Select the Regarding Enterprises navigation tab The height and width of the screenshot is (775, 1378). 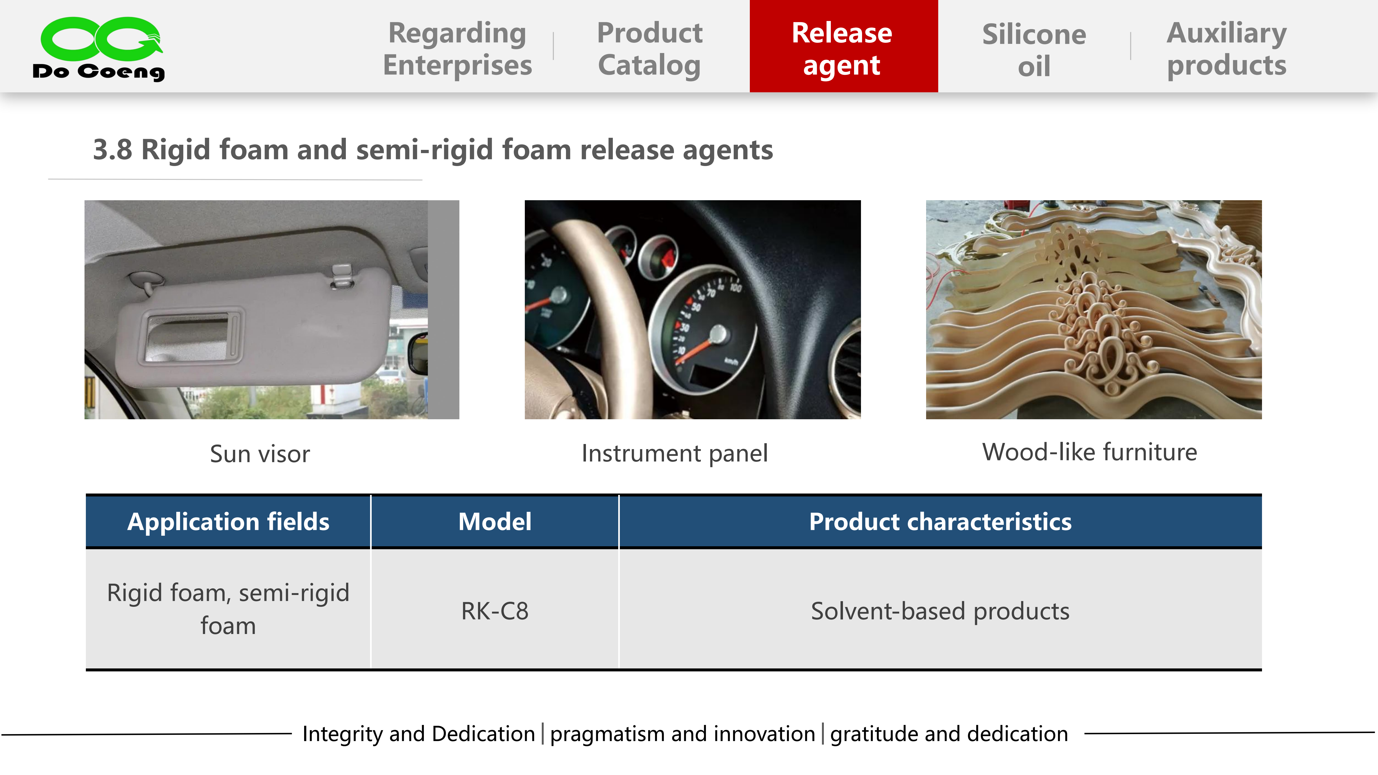tap(457, 49)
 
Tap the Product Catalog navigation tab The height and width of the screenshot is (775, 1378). tap(649, 49)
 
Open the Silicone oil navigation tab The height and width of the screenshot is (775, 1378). tap(1034, 50)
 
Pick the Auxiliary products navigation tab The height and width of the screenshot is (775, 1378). tap(1227, 49)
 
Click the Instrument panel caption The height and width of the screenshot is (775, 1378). tap(674, 453)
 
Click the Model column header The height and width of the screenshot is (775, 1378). tap(495, 522)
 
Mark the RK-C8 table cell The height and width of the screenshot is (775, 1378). tap(495, 611)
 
